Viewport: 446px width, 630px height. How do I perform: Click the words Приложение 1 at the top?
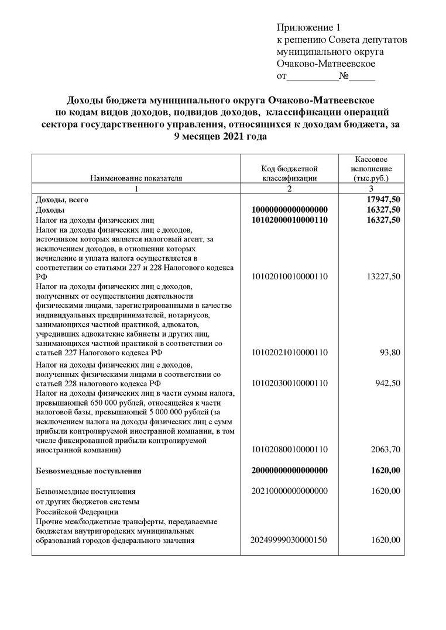coord(308,27)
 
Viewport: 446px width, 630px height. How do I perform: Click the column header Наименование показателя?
coord(136,178)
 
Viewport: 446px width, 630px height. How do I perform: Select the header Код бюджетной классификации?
coord(289,174)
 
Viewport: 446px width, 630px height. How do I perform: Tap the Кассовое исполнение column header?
coord(371,168)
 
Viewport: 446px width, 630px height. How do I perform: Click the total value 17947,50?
coord(382,199)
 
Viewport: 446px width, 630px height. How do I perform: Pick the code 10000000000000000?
coord(289,209)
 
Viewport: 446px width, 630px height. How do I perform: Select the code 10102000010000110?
coord(289,220)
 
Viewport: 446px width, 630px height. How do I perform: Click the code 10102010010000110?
coord(289,276)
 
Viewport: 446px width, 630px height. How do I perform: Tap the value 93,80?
coord(389,352)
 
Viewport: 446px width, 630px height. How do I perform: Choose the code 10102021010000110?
coord(289,352)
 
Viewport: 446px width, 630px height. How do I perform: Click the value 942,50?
coord(387,383)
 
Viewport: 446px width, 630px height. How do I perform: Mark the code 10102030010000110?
coord(289,383)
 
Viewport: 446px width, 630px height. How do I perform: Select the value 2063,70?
coord(386,450)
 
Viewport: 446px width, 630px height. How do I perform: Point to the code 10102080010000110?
coord(289,450)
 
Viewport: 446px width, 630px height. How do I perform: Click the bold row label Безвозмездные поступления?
coord(88,470)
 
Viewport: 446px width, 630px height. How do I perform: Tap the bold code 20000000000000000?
coord(289,470)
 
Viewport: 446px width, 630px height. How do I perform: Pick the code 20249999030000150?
coord(289,540)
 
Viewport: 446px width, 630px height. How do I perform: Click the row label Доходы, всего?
coord(62,199)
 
